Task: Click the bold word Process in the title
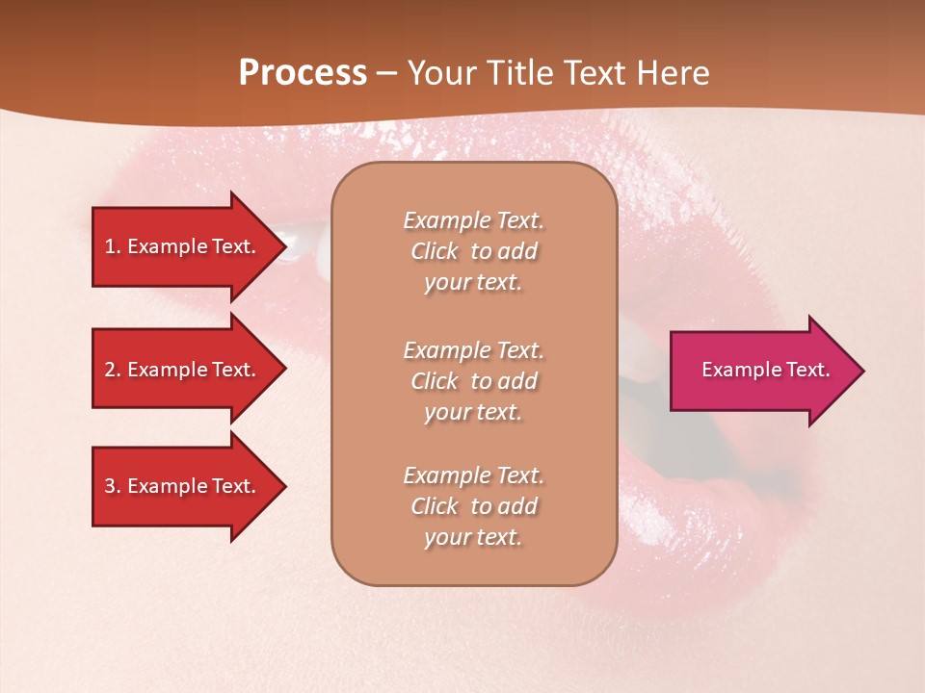[303, 73]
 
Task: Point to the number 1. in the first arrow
[113, 246]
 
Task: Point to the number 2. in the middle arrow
[113, 370]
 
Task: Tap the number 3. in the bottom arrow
[113, 486]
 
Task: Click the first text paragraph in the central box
[473, 251]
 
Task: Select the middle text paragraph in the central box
[473, 381]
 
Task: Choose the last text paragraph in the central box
[473, 506]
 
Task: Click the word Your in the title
[443, 73]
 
